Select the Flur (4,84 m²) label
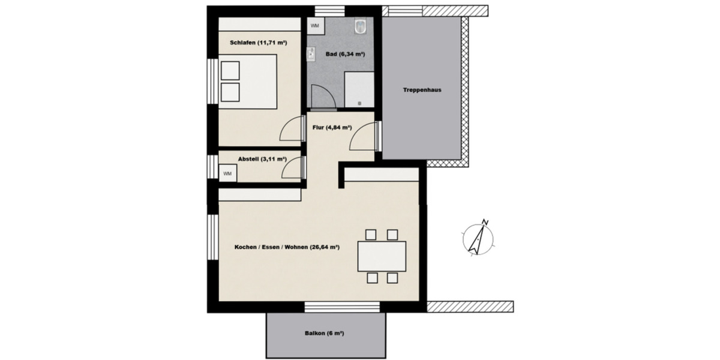tap(332, 127)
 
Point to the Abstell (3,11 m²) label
tap(262, 159)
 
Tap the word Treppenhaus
tap(422, 90)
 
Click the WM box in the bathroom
tap(315, 26)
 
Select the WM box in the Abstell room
tap(227, 173)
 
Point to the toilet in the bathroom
tap(361, 26)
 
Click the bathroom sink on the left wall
tap(311, 55)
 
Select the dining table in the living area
tap(382, 256)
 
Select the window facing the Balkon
tap(342, 307)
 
